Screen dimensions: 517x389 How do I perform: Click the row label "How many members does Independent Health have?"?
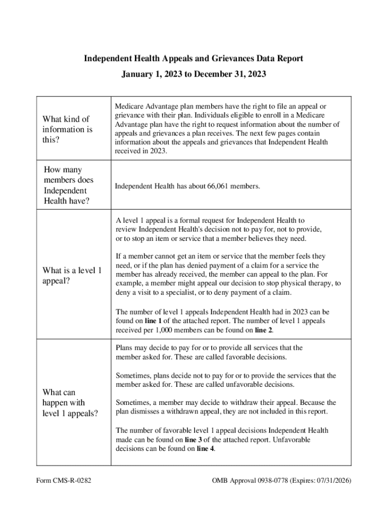(x=69, y=186)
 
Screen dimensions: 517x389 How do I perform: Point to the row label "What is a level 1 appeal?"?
(x=72, y=276)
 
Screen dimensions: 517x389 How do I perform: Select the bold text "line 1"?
(x=155, y=321)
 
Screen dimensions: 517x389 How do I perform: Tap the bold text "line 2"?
(x=264, y=330)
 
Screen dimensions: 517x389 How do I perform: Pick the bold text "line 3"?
(x=195, y=440)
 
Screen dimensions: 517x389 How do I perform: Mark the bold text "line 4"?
(x=205, y=449)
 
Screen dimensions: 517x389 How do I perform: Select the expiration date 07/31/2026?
(x=331, y=480)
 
